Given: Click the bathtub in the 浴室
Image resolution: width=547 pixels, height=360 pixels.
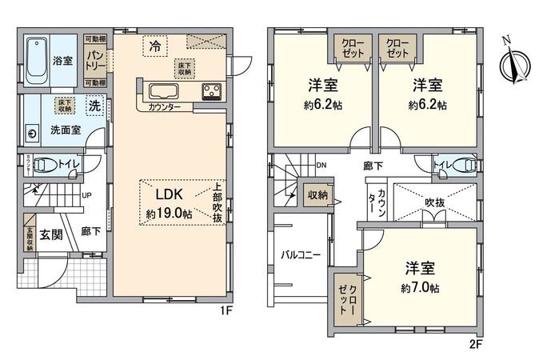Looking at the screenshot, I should pos(36,59).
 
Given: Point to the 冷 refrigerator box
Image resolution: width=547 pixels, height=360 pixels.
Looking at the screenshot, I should pos(155,47).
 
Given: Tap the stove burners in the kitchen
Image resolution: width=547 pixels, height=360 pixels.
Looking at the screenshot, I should pos(212,90).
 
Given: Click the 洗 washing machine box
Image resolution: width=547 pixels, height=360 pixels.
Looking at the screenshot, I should pos(94,105).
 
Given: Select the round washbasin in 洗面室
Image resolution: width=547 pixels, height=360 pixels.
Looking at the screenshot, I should pos(33,133).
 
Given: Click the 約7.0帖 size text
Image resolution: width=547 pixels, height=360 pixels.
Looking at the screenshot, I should pos(420,288).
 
